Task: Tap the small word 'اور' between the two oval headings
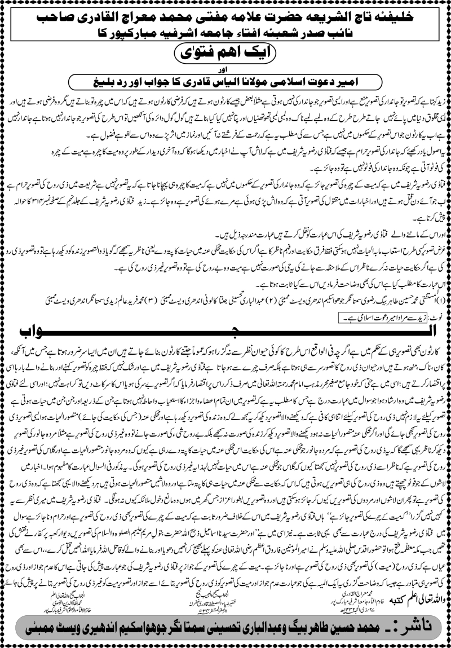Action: (x=225, y=70)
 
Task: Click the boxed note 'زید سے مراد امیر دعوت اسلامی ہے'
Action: (x=383, y=319)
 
